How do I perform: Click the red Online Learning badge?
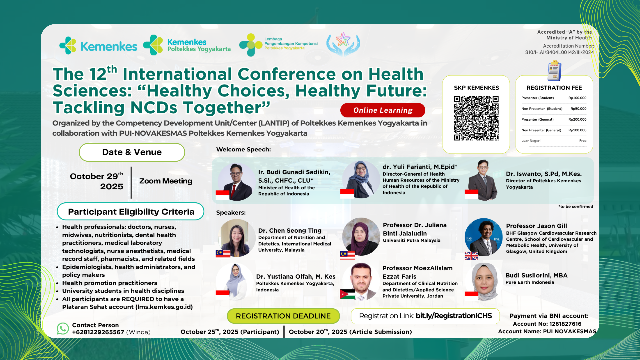tap(383, 110)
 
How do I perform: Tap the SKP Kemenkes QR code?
tap(476, 118)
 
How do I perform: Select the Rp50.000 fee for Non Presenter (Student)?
tap(578, 109)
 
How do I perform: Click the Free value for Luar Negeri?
tap(583, 141)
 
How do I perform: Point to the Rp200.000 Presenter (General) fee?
tap(577, 119)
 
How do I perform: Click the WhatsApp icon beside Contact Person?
tap(63, 328)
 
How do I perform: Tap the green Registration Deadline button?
tap(283, 316)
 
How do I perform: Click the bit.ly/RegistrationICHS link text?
tap(454, 316)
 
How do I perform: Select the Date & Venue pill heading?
tap(132, 152)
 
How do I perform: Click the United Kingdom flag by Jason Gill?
tap(471, 256)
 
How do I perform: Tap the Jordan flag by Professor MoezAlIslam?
tap(347, 294)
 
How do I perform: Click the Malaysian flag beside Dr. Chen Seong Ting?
tap(223, 254)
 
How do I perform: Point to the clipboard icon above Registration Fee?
tap(554, 71)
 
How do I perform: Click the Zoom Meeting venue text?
tap(166, 181)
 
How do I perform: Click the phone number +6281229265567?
tap(98, 332)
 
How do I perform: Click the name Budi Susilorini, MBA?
tap(536, 275)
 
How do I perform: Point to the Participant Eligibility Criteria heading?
tap(131, 212)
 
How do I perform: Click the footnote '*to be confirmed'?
tap(576, 207)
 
